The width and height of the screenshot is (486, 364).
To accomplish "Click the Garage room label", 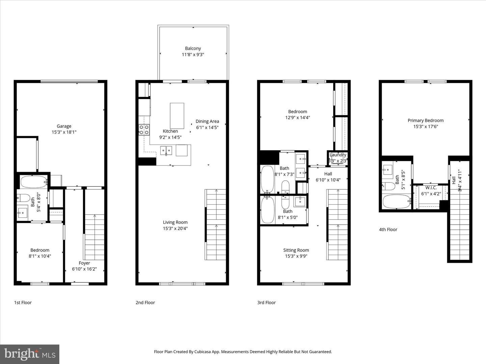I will pos(64,126).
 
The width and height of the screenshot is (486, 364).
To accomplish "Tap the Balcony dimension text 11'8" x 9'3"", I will pos(193,55).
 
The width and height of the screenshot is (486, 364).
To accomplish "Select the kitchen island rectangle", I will pos(177,116).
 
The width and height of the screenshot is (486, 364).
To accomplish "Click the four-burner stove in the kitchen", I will pos(144,130).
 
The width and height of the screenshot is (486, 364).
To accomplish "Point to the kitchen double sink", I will pos(166,150).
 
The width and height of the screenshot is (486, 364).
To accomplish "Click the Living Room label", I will pos(175,222).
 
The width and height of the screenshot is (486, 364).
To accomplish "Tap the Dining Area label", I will pos(207,121).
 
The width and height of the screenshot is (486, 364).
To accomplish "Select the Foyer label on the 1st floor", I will pos(84,263).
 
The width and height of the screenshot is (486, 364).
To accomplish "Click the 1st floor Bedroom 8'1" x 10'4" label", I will pos(40,250).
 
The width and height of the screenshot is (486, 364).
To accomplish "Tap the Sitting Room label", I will pos(296,250).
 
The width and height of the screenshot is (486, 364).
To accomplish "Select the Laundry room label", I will pos(338,155).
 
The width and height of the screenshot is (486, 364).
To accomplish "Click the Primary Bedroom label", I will pos(425,120).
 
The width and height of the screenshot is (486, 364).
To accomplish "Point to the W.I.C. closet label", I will pos(431,188).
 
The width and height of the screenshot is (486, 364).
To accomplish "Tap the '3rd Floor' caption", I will pos(266,303).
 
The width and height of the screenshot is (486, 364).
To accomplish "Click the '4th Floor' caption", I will pos(388,230).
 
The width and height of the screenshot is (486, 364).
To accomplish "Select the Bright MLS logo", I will pos(30,354).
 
